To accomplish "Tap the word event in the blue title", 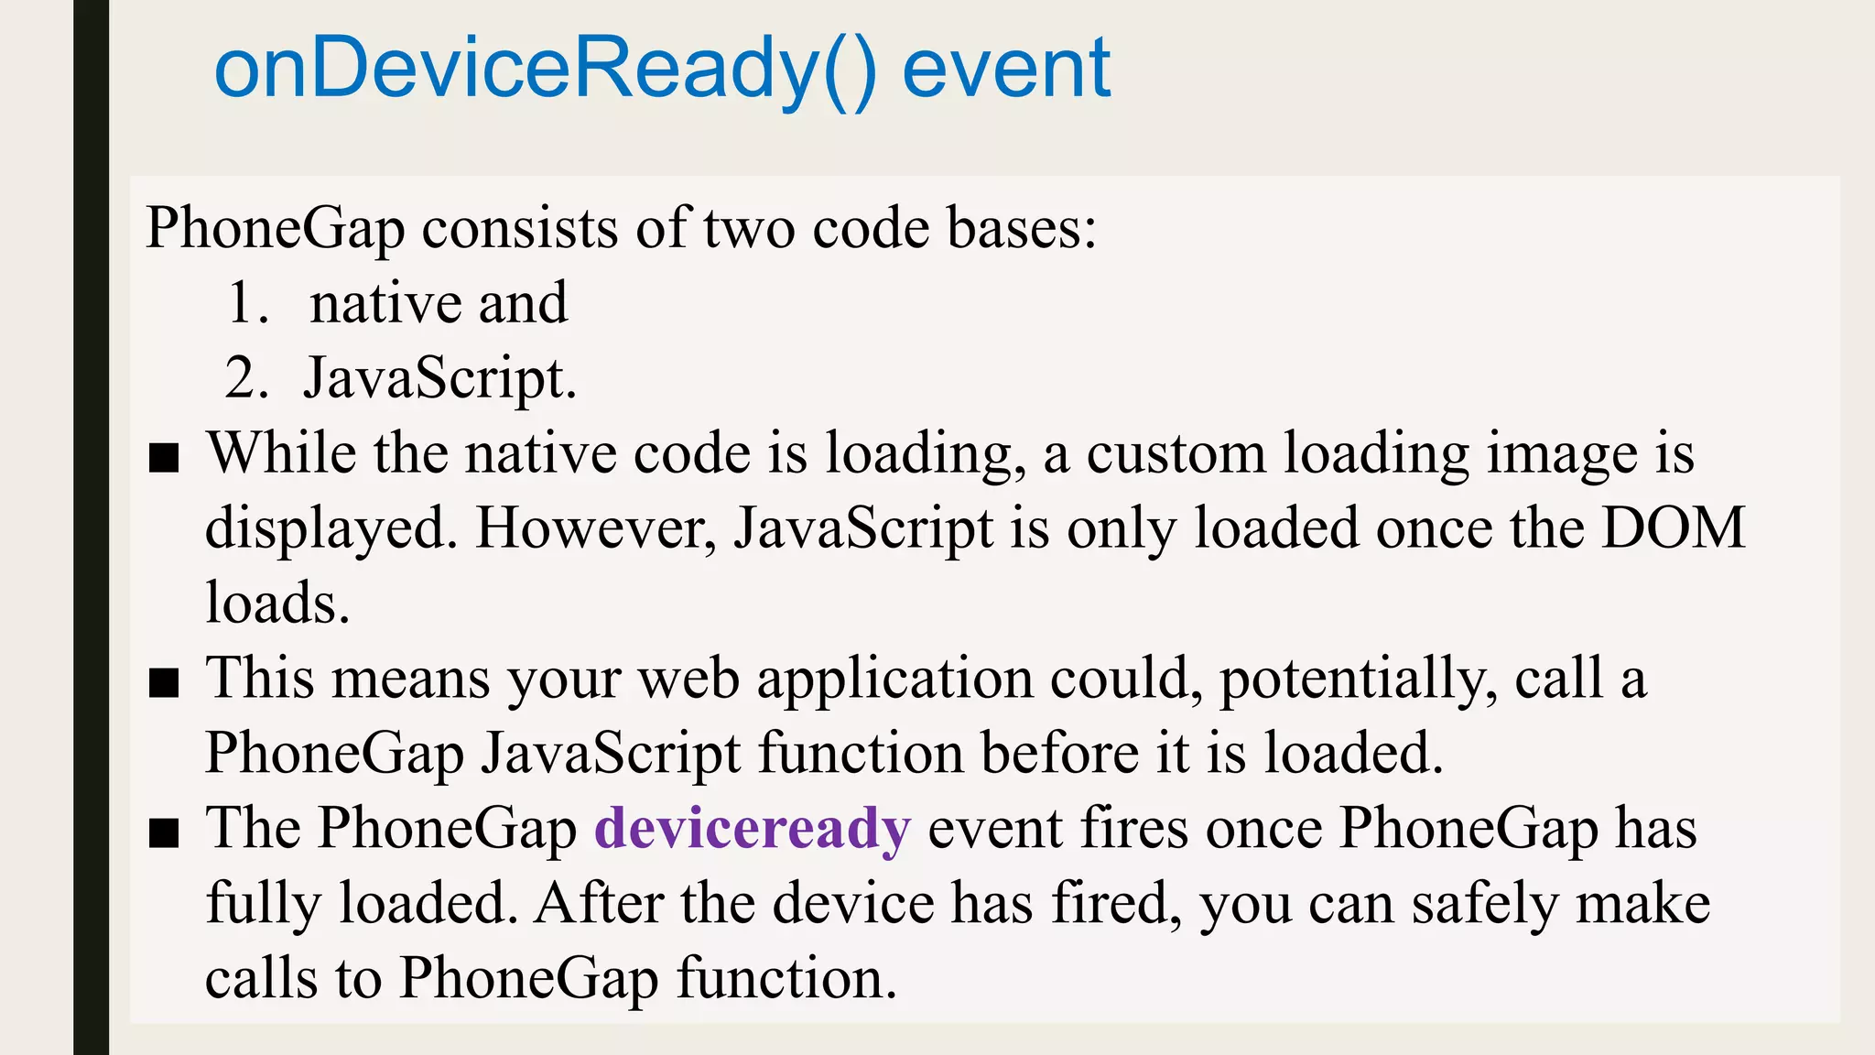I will tap(1006, 70).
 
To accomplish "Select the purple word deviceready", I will tap(753, 828).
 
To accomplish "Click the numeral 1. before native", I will tap(247, 303).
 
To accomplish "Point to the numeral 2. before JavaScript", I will tap(246, 378).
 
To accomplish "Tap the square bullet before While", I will tap(164, 458).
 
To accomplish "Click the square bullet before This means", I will tap(164, 683).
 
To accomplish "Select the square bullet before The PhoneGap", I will tap(164, 833).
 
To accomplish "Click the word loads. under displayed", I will tap(277, 604).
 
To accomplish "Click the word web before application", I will tap(688, 679).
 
